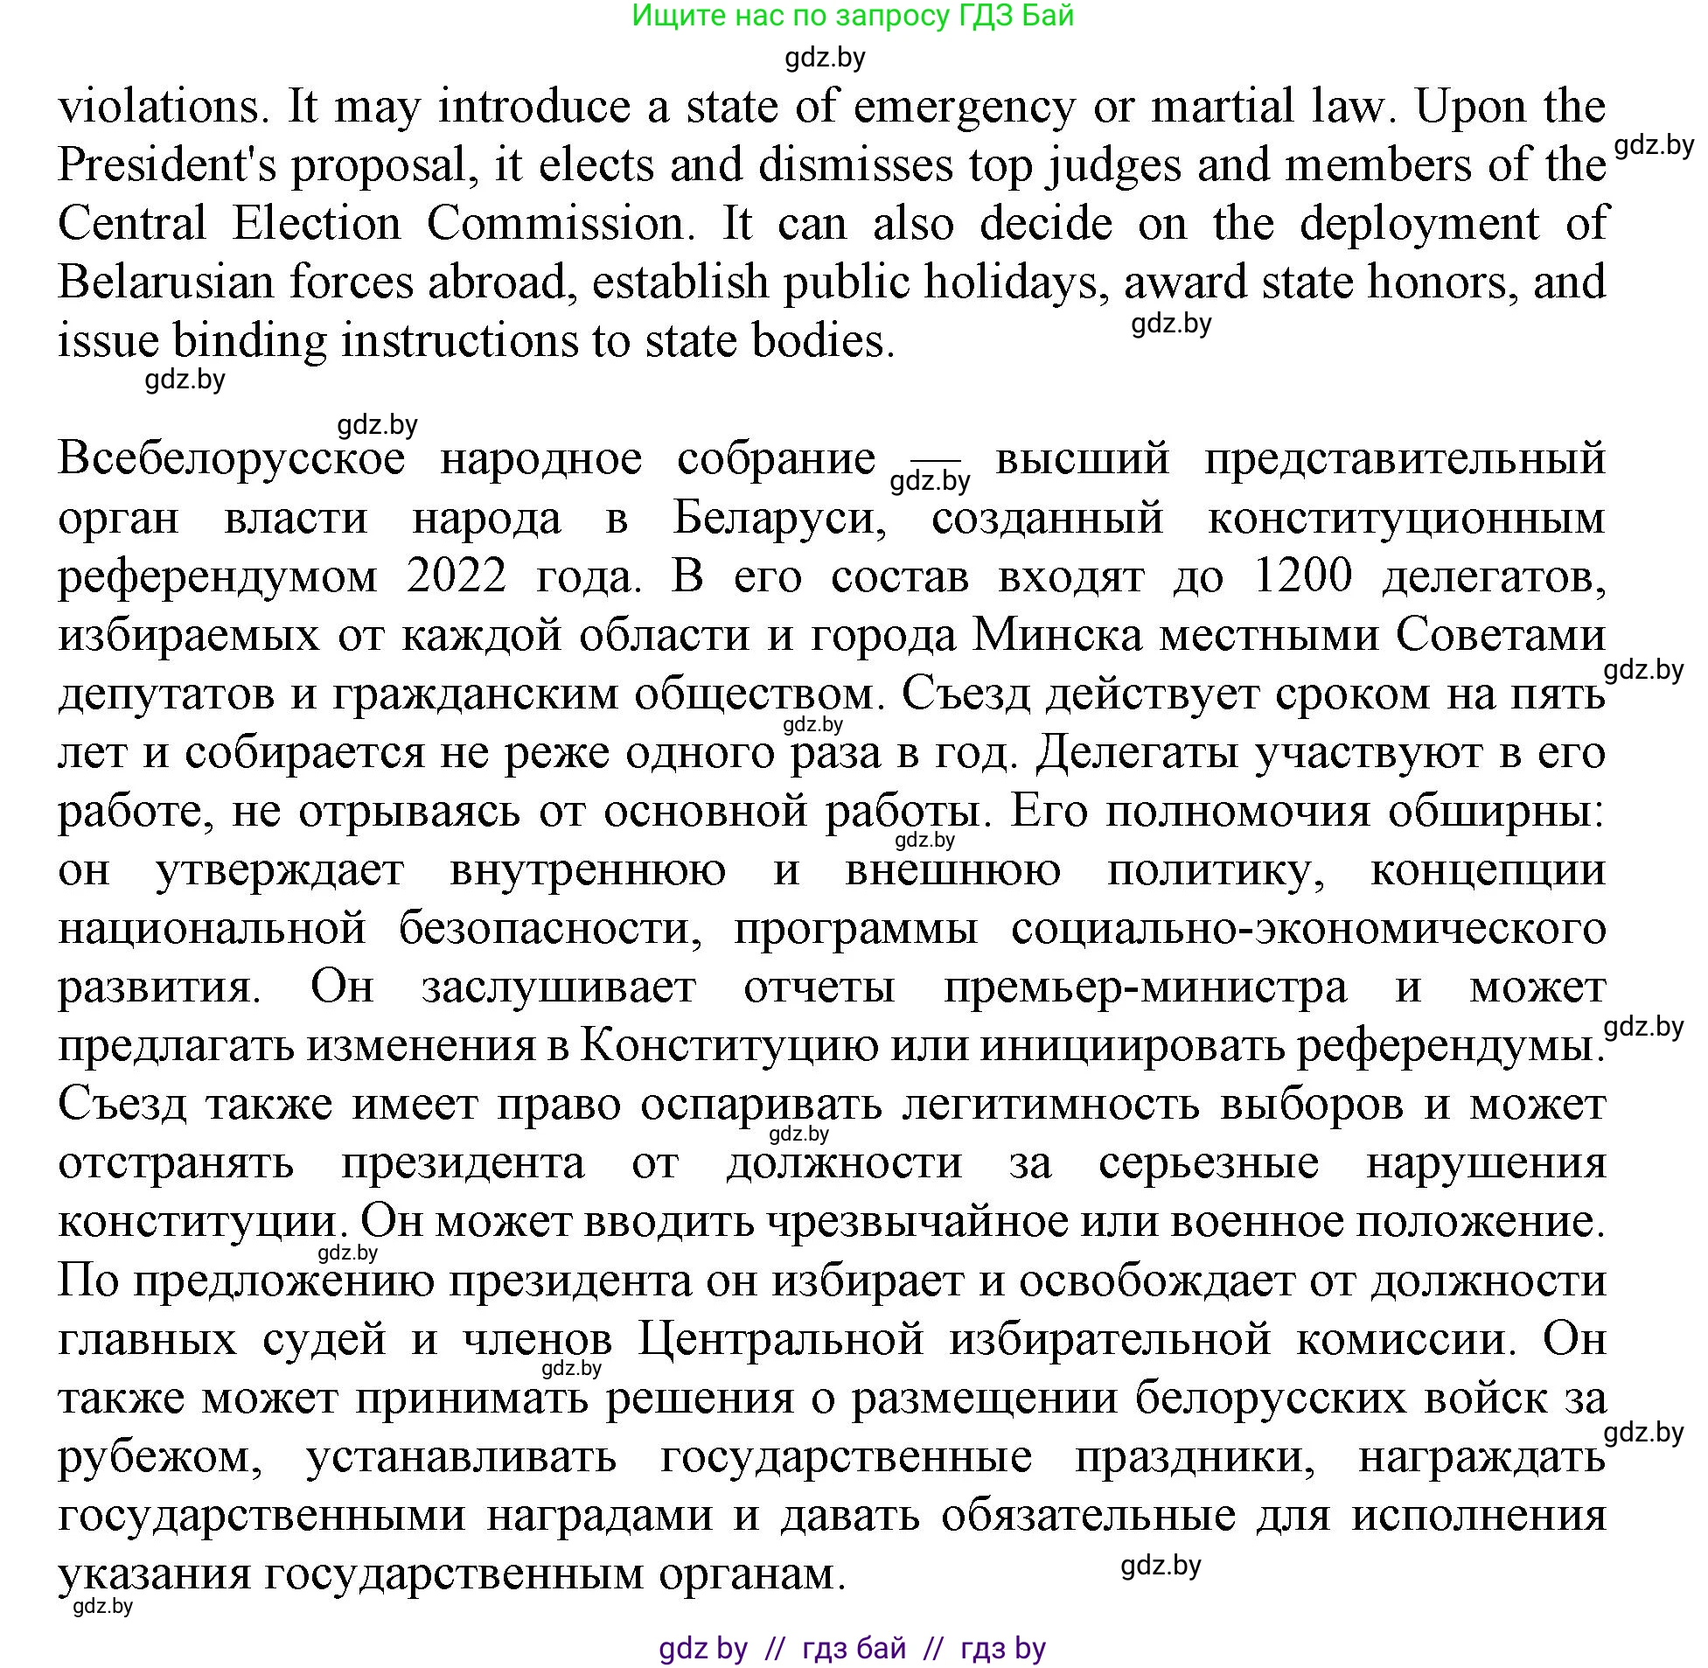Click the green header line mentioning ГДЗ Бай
click(x=852, y=16)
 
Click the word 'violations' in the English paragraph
click(x=158, y=107)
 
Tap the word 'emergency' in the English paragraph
click(x=964, y=107)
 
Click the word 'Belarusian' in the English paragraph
click(x=166, y=283)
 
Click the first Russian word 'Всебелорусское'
click(x=231, y=458)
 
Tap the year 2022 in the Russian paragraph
click(x=457, y=576)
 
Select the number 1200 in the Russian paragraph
click(x=1303, y=576)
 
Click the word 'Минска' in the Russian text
click(x=1058, y=635)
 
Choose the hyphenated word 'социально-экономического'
click(x=1308, y=929)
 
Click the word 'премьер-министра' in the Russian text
click(x=1146, y=988)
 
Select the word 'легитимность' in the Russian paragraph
click(x=1051, y=1105)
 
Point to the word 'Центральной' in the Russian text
click(x=781, y=1339)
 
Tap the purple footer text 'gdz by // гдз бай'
click(x=852, y=1648)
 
